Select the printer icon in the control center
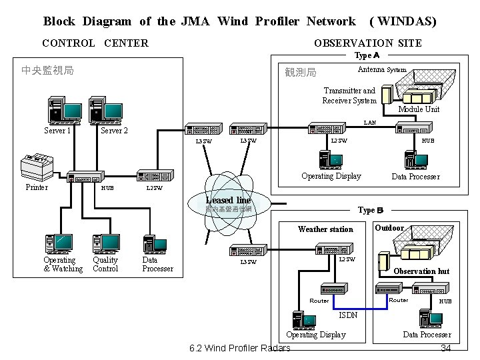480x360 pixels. point(37,166)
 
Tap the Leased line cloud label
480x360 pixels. point(229,200)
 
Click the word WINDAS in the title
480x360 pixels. point(407,21)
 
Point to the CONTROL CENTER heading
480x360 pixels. point(95,43)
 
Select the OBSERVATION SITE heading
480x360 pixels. point(367,43)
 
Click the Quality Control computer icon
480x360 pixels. point(105,244)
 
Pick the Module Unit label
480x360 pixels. point(419,109)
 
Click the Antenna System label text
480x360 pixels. point(382,70)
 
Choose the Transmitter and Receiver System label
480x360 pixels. point(349,95)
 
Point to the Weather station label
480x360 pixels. point(325,229)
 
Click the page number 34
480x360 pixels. point(447,349)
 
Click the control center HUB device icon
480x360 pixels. point(87,177)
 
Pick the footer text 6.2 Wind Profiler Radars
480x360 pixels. point(239,349)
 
